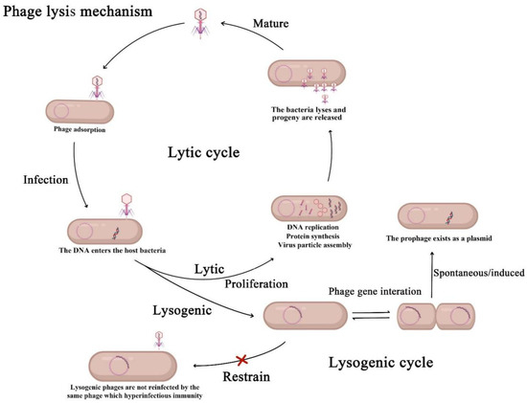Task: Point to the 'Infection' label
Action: click(x=41, y=178)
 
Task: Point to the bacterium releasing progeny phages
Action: click(x=308, y=76)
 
